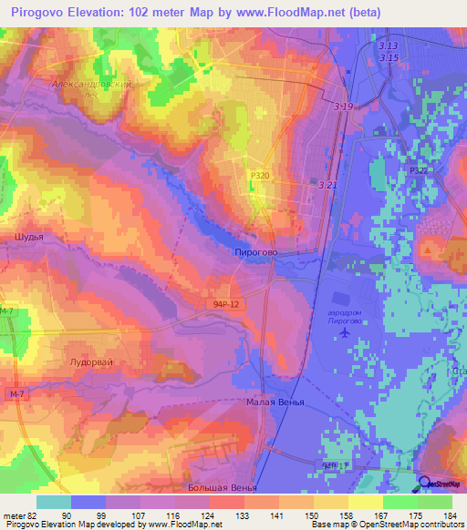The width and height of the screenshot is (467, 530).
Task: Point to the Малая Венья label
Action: point(275,402)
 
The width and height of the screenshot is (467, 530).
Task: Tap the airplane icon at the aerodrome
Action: point(344,332)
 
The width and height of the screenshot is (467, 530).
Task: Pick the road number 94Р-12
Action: point(208,306)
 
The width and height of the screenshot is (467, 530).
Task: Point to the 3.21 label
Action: point(328,185)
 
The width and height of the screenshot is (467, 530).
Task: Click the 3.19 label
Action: point(344,107)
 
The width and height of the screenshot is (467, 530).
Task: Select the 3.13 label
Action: point(389,46)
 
